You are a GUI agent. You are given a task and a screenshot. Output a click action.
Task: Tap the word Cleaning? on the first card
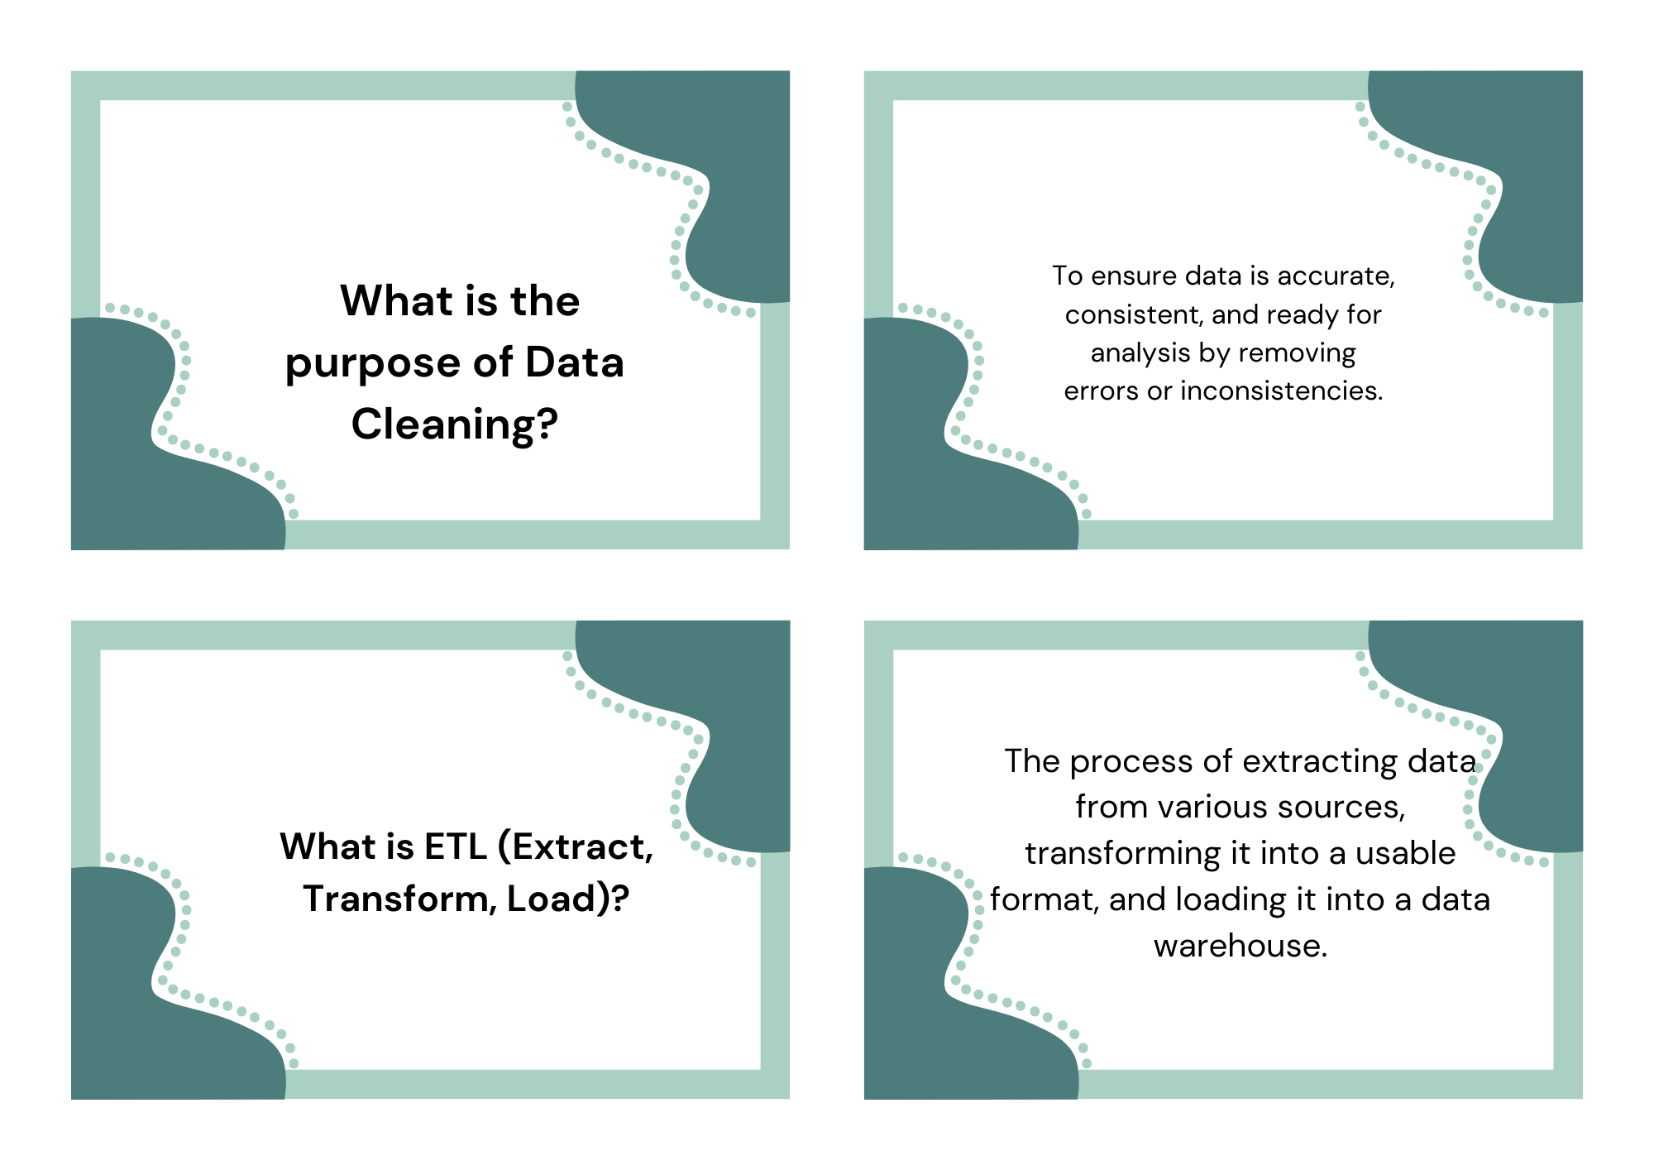pos(455,424)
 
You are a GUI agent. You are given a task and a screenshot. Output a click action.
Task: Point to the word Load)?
pos(568,899)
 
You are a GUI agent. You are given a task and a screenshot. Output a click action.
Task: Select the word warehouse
pos(1240,946)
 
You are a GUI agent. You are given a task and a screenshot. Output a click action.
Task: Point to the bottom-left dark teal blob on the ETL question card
pos(149,1009)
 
